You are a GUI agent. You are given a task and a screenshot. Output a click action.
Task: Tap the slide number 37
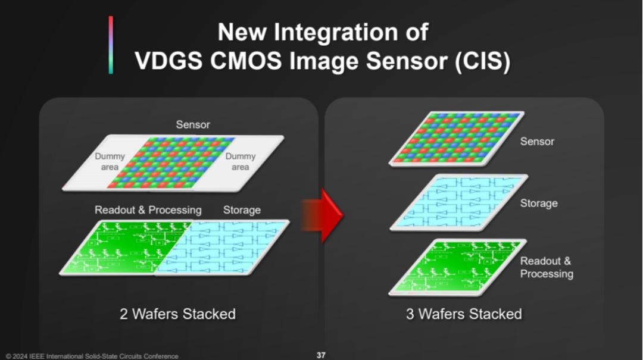click(x=321, y=355)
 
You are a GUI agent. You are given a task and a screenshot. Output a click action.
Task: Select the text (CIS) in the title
click(x=482, y=61)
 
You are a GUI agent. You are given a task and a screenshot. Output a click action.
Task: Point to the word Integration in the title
click(x=335, y=32)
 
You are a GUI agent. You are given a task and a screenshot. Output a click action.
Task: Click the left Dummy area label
click(x=110, y=161)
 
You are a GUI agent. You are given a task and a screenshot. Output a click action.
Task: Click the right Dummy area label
click(x=241, y=161)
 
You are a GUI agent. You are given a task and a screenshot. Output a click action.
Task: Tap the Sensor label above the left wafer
click(x=193, y=124)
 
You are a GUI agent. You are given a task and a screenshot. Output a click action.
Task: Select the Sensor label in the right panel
click(x=537, y=142)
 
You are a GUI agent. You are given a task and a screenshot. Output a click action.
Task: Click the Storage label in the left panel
click(x=242, y=210)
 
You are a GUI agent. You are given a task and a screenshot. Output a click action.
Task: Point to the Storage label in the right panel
click(x=539, y=204)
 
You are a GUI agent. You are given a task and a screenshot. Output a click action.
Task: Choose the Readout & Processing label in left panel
click(x=148, y=210)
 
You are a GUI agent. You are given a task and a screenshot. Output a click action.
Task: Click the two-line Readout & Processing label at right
click(x=546, y=267)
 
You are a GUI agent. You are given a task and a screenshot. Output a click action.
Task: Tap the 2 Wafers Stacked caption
click(x=177, y=314)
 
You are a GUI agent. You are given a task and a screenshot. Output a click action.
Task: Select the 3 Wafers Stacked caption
click(x=464, y=314)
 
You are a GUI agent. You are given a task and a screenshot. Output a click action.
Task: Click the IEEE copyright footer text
click(x=92, y=356)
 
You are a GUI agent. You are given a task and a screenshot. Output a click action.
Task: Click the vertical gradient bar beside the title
click(x=111, y=45)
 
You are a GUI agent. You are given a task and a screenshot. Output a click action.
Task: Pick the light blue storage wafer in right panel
click(x=459, y=202)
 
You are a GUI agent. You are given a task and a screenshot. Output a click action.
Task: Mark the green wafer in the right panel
click(x=458, y=267)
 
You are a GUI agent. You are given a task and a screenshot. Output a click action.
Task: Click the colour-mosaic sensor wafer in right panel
click(x=457, y=139)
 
